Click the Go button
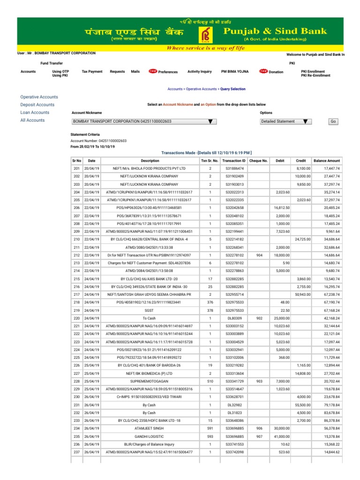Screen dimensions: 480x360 point(333,121)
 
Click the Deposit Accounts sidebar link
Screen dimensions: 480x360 point(37,105)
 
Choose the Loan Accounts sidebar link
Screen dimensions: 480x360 point(35,112)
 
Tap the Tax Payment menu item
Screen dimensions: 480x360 point(92,72)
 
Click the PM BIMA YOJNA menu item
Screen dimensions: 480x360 point(235,72)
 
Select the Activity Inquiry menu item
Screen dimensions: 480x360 point(200,72)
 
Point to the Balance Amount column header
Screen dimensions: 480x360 point(327,160)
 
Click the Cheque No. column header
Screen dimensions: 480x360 point(259,160)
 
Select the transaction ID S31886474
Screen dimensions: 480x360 point(235,168)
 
